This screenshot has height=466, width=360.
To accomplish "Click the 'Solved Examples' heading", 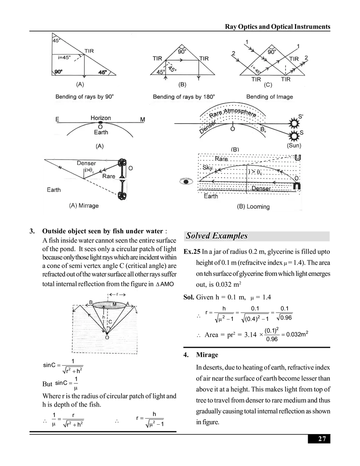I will click(x=216, y=236).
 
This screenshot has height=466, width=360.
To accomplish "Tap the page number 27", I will click(x=322, y=439).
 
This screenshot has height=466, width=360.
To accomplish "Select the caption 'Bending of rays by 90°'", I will click(x=84, y=97).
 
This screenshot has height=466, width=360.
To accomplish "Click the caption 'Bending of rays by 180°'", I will click(x=184, y=97).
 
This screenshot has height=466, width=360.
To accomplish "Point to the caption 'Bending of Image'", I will click(x=270, y=97).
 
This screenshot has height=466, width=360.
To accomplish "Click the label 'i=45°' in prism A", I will click(x=61, y=58).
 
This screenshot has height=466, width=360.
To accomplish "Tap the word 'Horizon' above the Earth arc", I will click(x=101, y=118).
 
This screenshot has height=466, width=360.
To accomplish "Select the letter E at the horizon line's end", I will click(x=58, y=119).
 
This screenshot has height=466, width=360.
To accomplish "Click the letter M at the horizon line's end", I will click(x=142, y=119).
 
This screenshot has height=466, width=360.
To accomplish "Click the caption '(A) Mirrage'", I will click(x=84, y=205).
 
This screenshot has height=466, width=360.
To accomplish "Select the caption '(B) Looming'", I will click(x=253, y=207).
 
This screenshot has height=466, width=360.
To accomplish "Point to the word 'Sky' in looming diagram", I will click(x=207, y=168).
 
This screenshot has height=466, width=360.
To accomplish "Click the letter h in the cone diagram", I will click(x=104, y=317).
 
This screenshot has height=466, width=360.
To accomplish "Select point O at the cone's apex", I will click(x=107, y=338).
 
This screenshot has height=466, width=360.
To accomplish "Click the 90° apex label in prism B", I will click(x=182, y=52).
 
